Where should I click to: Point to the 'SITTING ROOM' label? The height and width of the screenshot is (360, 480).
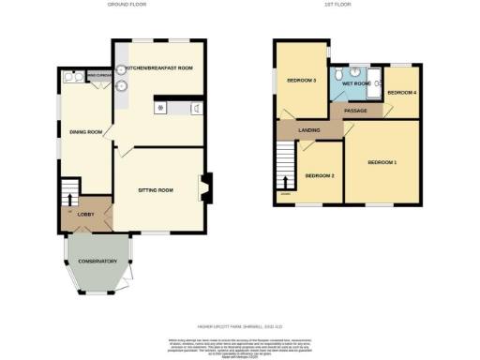156,190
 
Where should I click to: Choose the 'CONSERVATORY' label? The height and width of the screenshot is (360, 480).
97,261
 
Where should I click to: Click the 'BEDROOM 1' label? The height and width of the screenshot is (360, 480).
382,163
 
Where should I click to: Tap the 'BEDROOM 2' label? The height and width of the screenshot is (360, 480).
320,176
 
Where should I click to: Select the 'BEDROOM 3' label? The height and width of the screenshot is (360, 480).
301,81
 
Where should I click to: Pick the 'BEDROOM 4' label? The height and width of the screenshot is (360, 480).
401,93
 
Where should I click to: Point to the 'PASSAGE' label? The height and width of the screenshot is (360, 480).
355,111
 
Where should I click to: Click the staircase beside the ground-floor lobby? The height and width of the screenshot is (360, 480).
67,196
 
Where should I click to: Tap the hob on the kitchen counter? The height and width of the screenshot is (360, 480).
161,108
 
